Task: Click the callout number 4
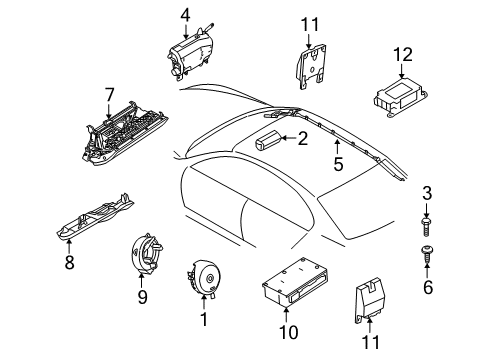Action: point(185,16)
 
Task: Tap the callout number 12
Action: point(403,55)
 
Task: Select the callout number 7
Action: point(109,95)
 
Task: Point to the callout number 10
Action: point(288,332)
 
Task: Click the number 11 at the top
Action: point(310,25)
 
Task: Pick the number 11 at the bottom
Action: point(370,342)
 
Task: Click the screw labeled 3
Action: point(426,227)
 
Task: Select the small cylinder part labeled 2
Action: point(267,140)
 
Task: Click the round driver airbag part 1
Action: point(204,278)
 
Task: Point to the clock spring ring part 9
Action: point(146,254)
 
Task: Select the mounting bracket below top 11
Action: point(311,66)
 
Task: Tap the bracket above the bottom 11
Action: point(370,300)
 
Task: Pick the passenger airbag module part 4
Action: point(190,53)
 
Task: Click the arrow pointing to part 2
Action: point(288,138)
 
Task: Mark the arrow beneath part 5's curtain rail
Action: point(337,147)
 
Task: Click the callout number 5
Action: point(338,164)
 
